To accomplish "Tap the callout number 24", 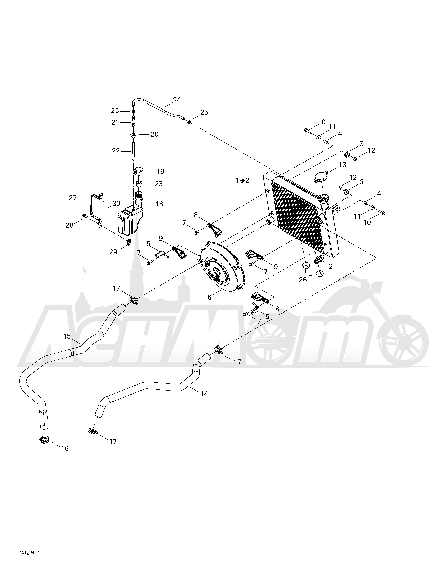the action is [177, 100].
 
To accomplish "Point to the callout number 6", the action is [210, 297].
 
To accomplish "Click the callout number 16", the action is [65, 448].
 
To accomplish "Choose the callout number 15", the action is [67, 336].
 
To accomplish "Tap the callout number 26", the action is [303, 280].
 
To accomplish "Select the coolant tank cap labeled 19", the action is [139, 172].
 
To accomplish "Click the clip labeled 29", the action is [128, 242].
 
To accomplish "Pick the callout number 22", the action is [116, 151].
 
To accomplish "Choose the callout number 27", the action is [73, 198].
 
